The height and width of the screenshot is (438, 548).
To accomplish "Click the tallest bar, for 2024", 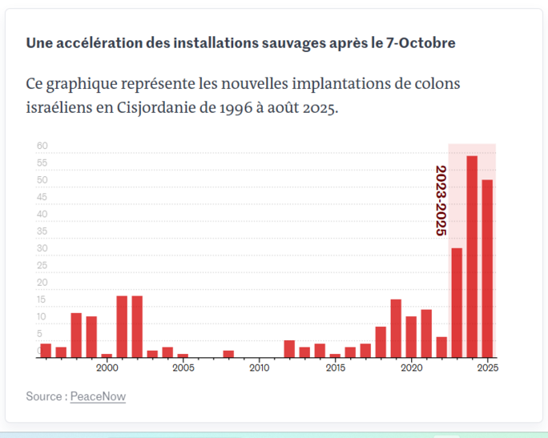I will pos(472,256).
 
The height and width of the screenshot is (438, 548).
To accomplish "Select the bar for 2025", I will pos(487,268).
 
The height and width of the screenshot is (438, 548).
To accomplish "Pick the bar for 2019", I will pos(396,328).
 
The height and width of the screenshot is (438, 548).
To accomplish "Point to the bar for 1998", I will pos(76,335).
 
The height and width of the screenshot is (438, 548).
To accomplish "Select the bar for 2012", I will pos(289,349).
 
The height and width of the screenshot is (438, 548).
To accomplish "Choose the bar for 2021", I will pos(426,333).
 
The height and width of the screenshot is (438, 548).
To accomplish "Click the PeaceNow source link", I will pos(98,396).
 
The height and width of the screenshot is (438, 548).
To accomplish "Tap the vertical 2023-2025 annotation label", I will pos(440,200).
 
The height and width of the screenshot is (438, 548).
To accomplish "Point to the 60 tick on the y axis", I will pos(42,147).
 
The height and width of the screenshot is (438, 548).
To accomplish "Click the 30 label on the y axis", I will pos(42,249).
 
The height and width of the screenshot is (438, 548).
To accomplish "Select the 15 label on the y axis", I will pos(42,300).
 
